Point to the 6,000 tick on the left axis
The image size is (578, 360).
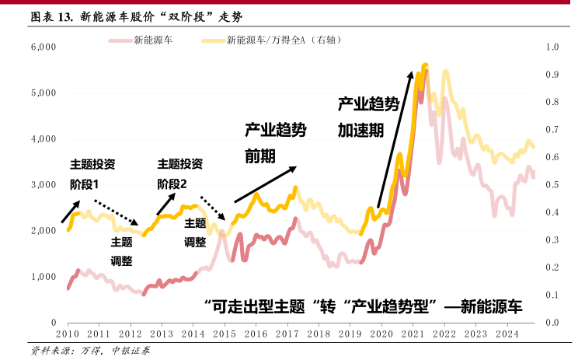(x=44, y=47)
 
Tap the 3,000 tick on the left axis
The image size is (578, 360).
(x=44, y=185)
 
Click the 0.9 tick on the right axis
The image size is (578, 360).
(x=552, y=75)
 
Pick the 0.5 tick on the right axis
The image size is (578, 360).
(x=552, y=185)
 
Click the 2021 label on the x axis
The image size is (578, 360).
(x=413, y=334)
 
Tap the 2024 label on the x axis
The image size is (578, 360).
(x=507, y=334)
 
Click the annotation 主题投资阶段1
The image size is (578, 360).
(x=92, y=174)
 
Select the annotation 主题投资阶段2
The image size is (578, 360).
(x=179, y=174)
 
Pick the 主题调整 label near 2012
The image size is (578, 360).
(x=122, y=250)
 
